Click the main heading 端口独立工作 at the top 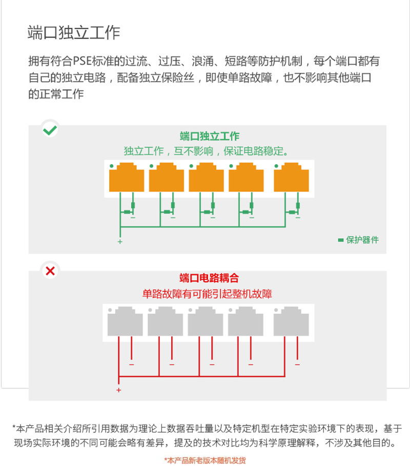(74, 32)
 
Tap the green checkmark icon (50, 130)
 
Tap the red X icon (50, 271)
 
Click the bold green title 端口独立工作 (209, 136)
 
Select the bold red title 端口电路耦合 (209, 278)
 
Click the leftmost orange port (127, 177)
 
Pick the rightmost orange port (291, 177)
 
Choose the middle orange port (207, 177)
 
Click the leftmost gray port (125, 321)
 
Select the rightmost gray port (291, 321)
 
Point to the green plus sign (120, 242)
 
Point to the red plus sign (119, 390)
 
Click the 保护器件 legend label (362, 240)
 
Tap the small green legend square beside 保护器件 (341, 240)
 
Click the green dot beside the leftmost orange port (112, 166)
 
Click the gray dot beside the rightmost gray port (276, 310)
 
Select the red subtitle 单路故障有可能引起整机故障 (207, 294)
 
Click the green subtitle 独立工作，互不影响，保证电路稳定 (207, 151)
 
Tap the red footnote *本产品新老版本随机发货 (205, 460)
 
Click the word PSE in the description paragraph (82, 61)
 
